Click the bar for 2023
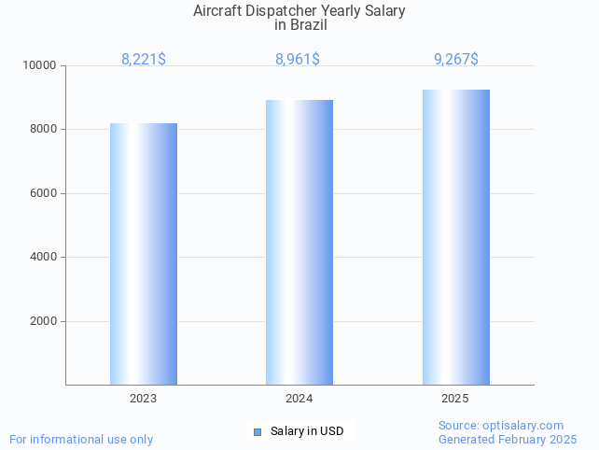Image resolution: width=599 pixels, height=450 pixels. click(144, 254)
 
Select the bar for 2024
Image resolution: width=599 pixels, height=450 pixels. click(299, 242)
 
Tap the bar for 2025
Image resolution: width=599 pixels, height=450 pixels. click(455, 237)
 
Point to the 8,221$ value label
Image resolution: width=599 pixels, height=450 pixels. click(144, 60)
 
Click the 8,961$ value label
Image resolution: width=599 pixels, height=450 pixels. click(298, 60)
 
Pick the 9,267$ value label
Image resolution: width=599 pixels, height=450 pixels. click(456, 60)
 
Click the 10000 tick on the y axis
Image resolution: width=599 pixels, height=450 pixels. click(40, 66)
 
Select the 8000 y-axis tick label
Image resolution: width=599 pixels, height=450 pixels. click(43, 130)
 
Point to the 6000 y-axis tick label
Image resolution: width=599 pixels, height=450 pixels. click(43, 194)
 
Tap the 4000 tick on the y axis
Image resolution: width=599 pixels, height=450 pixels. click(43, 258)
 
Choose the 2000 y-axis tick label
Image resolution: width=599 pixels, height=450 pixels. click(43, 322)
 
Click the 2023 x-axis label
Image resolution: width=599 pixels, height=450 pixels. click(144, 399)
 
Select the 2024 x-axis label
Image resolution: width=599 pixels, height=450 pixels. click(299, 399)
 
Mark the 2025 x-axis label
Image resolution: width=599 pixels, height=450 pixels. click(455, 399)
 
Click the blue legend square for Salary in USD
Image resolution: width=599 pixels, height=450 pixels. click(258, 431)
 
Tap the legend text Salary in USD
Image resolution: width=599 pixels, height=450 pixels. click(307, 431)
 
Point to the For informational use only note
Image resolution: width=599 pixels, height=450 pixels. click(81, 440)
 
